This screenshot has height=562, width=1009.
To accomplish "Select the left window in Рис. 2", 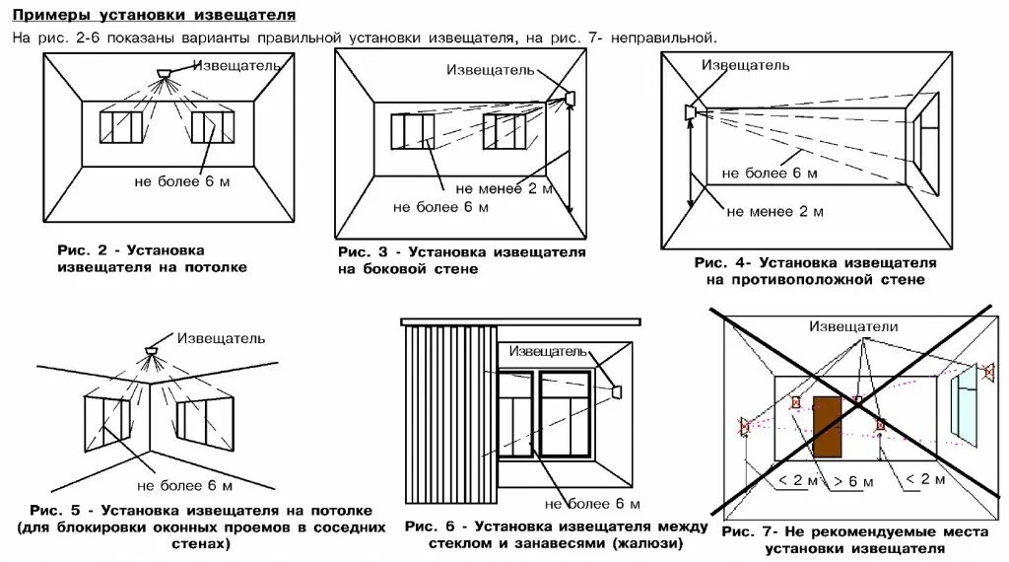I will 121,129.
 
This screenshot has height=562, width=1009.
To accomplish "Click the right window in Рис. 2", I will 212,129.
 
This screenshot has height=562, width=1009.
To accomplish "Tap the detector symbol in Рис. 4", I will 690,111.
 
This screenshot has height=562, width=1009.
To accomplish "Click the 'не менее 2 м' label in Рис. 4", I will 774,211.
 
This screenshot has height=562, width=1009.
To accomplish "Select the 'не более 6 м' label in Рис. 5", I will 184,486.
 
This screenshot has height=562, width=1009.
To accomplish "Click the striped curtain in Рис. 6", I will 449,414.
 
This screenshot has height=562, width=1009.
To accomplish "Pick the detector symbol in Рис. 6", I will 617,392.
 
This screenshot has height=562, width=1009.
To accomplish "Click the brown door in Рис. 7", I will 827,426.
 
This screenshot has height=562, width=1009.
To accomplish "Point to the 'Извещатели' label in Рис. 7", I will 853,326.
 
